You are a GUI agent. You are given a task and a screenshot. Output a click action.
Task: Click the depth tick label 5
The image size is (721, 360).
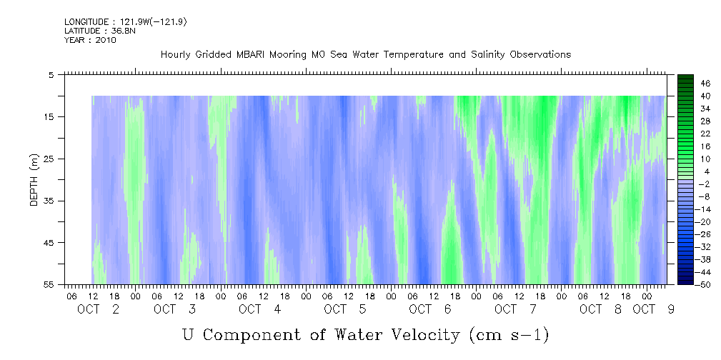pyautogui.click(x=51, y=74)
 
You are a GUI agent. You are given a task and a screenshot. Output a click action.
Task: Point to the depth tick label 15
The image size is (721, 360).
pyautogui.click(x=51, y=116)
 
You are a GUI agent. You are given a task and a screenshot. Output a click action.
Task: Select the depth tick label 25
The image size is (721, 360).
pyautogui.click(x=51, y=159)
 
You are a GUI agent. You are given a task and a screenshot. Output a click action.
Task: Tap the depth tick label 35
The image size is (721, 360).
pyautogui.click(x=51, y=201)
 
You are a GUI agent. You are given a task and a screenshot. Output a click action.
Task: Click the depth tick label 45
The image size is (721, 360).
pyautogui.click(x=51, y=243)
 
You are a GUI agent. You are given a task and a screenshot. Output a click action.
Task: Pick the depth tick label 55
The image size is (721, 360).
pyautogui.click(x=51, y=284)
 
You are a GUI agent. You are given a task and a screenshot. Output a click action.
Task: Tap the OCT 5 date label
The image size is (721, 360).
pyautogui.click(x=345, y=309)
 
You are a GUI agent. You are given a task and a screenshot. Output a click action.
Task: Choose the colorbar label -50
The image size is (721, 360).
pyautogui.click(x=705, y=285)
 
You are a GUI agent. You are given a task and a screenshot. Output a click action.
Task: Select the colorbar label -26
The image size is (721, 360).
pyautogui.click(x=705, y=234)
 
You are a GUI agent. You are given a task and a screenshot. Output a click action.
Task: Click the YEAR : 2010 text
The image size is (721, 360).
pyautogui.click(x=90, y=40)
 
